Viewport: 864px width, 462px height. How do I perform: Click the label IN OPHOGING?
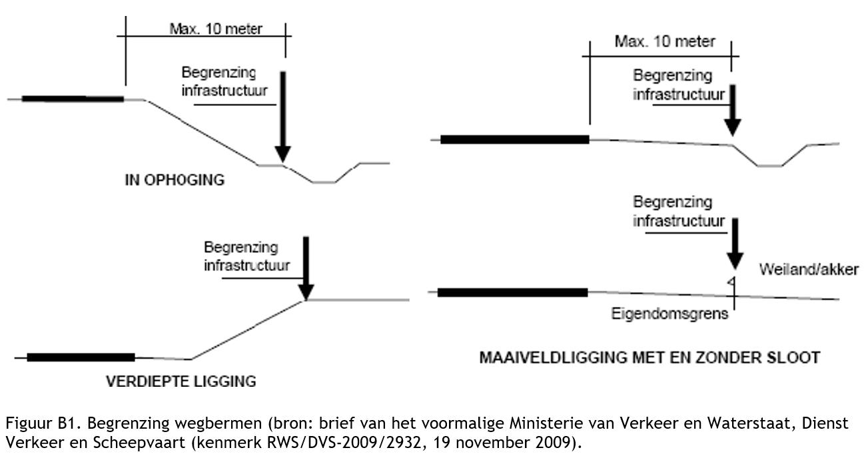(175, 180)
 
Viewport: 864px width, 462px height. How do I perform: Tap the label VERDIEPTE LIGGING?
(181, 381)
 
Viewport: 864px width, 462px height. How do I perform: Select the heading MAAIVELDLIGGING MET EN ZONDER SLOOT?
(649, 358)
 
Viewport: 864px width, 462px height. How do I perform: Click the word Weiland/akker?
(809, 270)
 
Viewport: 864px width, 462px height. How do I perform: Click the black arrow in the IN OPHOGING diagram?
(283, 116)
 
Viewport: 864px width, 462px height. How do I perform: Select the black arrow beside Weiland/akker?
(733, 243)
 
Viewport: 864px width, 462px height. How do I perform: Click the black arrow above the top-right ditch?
(733, 110)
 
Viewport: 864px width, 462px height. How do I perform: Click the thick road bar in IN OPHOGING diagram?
(73, 99)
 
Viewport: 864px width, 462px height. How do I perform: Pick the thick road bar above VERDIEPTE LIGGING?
(81, 357)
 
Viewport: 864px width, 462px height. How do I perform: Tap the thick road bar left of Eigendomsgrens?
(512, 292)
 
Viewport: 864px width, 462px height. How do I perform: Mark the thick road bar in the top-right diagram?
(515, 139)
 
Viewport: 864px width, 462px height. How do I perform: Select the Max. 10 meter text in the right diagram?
(664, 42)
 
